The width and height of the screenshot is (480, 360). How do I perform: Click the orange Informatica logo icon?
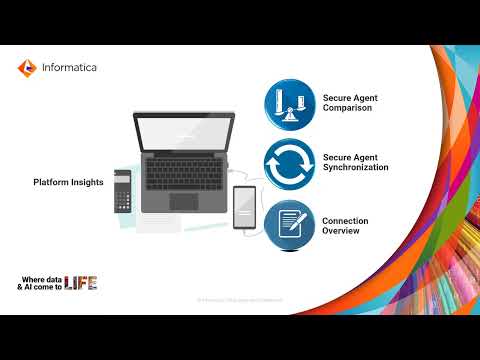tap(26, 68)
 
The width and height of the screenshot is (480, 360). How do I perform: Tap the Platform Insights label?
tap(67, 181)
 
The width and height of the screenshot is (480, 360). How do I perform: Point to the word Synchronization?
tap(356, 168)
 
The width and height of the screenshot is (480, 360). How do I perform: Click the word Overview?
tap(342, 231)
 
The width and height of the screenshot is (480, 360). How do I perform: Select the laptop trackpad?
tap(184, 202)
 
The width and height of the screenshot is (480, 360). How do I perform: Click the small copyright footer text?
tap(240, 300)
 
